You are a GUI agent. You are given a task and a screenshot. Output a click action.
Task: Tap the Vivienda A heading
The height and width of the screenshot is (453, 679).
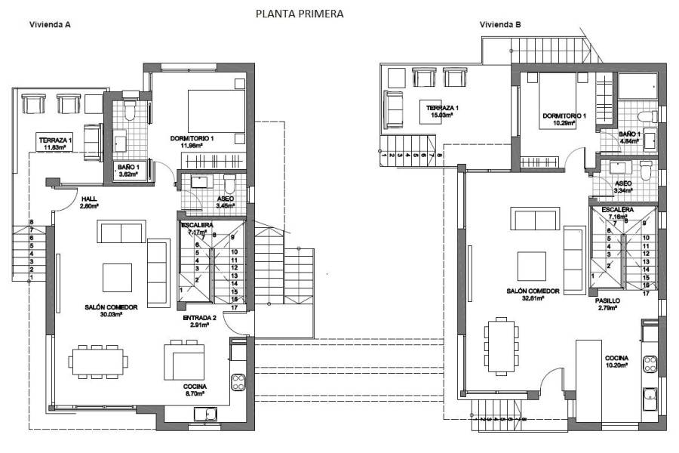[50, 24]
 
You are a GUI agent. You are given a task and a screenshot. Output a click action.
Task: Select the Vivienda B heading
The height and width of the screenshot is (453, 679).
[500, 24]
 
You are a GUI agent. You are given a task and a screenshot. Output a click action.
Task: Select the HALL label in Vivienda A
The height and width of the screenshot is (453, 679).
[89, 199]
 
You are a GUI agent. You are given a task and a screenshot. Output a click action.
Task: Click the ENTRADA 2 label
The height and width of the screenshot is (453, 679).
[200, 318]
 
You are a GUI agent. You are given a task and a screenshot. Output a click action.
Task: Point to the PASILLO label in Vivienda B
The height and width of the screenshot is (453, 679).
[609, 300]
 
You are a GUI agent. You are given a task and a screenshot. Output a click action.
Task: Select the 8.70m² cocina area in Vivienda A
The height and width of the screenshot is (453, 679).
[194, 395]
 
